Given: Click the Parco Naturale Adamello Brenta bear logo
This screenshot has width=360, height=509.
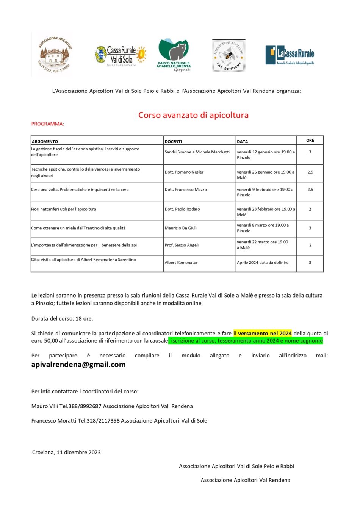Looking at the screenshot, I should click(x=174, y=55).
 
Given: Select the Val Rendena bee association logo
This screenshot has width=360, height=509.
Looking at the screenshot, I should click(x=229, y=56).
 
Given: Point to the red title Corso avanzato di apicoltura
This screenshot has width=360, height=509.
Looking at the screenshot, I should click(x=193, y=115).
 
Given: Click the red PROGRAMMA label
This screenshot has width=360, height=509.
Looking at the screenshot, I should click(x=48, y=124).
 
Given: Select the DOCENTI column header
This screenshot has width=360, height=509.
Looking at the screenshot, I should click(x=174, y=141).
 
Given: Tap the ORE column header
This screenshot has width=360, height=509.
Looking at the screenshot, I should click(x=310, y=141).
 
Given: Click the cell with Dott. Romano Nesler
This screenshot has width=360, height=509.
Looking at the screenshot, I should click(x=184, y=172).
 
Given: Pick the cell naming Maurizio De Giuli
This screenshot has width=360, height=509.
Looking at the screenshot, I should click(x=181, y=228).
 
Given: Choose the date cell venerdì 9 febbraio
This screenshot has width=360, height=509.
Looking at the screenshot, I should click(x=265, y=192).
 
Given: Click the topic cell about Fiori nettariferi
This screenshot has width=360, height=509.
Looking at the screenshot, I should click(x=64, y=209).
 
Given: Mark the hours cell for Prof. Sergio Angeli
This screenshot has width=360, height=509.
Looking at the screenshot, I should click(x=310, y=245).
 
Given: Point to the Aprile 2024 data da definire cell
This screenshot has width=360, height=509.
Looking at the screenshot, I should click(x=263, y=263).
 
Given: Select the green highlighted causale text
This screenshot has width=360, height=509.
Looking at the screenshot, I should click(x=246, y=341).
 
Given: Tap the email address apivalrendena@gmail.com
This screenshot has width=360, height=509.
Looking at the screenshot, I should click(x=78, y=365).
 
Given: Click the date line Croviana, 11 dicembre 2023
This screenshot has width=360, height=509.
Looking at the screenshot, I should click(x=66, y=452).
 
